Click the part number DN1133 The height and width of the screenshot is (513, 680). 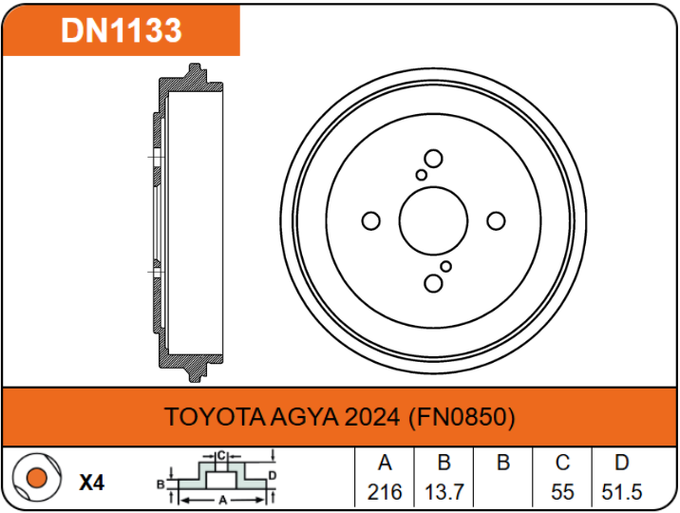121,30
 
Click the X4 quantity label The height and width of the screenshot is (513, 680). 91,483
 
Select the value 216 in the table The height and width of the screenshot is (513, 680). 385,492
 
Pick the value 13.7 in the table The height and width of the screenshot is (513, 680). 444,492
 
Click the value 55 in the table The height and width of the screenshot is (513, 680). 562,492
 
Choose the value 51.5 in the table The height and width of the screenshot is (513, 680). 622,492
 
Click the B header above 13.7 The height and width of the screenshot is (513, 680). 444,464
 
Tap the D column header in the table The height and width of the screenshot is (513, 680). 622,464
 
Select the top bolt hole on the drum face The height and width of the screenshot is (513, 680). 434,159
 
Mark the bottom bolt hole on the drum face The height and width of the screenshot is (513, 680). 434,283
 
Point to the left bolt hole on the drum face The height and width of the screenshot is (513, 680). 371,221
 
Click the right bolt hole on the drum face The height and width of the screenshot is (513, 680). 496,221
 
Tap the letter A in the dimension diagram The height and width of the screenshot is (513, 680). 222,499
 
